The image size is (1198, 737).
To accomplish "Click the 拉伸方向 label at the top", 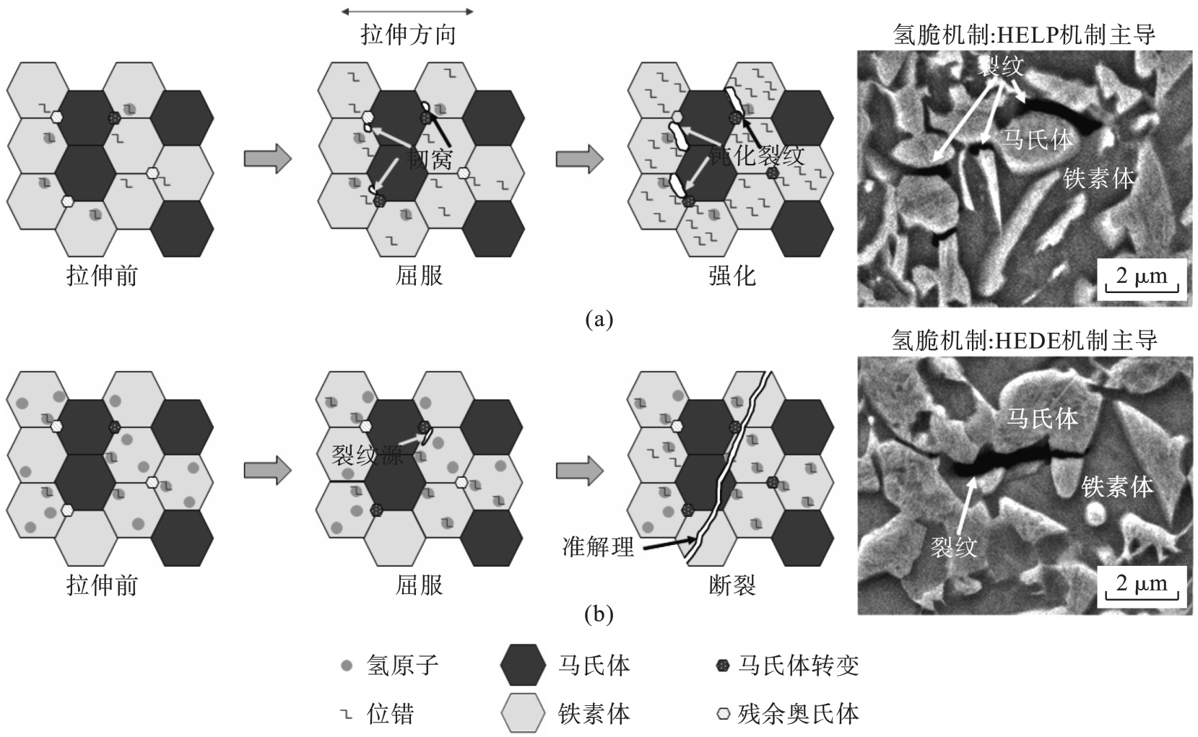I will click(408, 35).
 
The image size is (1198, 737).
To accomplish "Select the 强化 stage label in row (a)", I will click(732, 276).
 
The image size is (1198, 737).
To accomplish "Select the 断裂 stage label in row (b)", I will click(732, 585).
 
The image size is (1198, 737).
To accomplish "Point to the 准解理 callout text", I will click(598, 547).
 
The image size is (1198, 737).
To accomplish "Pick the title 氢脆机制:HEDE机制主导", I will click(1025, 340).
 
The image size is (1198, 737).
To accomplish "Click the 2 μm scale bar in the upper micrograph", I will click(1141, 279).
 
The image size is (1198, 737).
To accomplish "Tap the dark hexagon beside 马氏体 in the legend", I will click(523, 664).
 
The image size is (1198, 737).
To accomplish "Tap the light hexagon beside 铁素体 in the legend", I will click(523, 713).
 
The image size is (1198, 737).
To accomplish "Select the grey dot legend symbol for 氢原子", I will click(347, 666).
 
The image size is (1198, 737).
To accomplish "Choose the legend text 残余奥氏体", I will click(798, 714).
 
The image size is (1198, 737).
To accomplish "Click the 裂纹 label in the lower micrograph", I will click(953, 547).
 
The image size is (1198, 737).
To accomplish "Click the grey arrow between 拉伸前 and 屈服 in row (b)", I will click(267, 471).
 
